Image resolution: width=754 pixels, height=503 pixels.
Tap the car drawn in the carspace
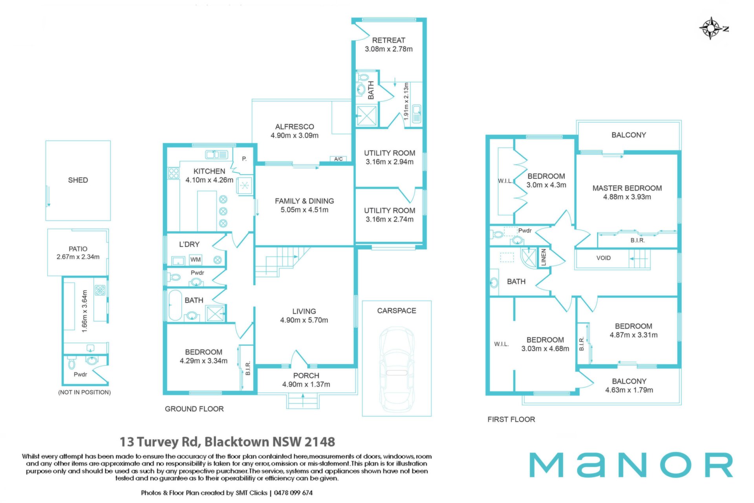(397, 369)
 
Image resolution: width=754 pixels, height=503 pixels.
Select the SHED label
(78, 180)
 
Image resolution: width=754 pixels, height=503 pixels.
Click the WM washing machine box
(196, 259)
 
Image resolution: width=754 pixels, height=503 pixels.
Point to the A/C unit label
(339, 159)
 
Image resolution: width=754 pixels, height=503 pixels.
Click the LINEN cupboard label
(544, 257)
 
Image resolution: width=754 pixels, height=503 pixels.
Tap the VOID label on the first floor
(603, 258)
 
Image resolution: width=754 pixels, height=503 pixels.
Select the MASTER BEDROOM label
(627, 188)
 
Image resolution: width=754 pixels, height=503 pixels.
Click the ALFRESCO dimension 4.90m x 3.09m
(295, 136)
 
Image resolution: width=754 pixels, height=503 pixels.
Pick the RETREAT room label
(389, 40)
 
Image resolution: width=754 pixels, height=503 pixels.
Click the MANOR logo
(631, 465)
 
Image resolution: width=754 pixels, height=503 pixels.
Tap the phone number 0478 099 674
(293, 493)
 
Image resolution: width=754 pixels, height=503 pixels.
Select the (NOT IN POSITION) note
(84, 392)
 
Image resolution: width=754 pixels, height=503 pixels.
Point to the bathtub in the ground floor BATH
(175, 305)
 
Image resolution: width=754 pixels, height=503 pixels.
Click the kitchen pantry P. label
(244, 159)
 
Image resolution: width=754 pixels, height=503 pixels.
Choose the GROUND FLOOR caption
(194, 409)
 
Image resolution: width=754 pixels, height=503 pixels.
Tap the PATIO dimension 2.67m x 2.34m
(78, 257)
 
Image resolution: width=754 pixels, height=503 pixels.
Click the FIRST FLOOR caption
(511, 419)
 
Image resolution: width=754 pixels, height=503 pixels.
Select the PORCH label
(306, 376)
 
